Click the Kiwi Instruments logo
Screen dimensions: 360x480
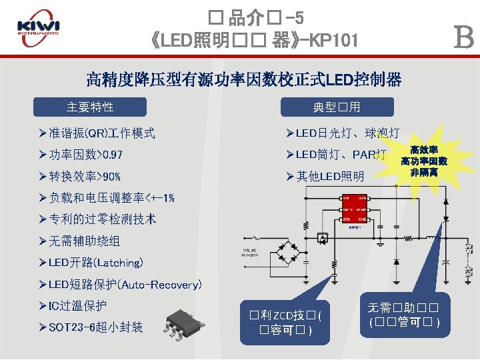(38, 29)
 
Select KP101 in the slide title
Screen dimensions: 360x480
(333, 41)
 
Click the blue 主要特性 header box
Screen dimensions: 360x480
(90, 107)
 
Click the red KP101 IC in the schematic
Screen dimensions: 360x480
(355, 211)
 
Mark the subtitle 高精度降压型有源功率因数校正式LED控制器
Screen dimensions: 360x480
(244, 80)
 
